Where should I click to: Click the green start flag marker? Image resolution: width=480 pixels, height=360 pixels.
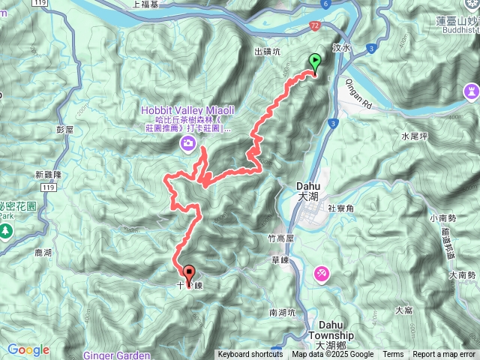(x=315, y=64)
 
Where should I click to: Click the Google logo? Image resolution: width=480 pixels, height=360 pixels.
(x=28, y=349)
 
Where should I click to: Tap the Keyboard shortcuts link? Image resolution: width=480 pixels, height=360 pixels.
(x=250, y=355)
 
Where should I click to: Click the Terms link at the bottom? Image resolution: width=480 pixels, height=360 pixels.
(x=393, y=355)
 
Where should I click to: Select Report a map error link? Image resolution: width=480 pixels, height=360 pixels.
(x=444, y=355)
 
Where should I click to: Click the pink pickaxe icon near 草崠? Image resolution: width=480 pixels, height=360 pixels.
(x=321, y=274)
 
